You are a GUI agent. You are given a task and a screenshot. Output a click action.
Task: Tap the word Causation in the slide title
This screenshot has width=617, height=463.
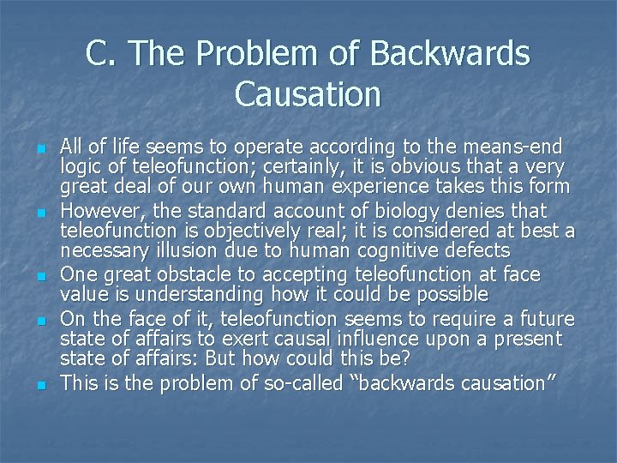tap(308, 93)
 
